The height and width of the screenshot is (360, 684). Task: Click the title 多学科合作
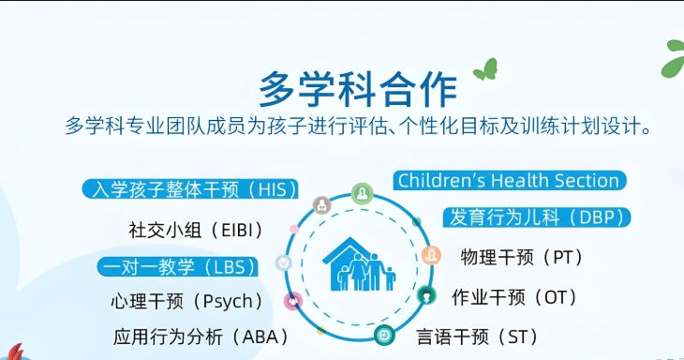tap(358, 88)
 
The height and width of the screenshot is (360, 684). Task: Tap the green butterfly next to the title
tap(485, 69)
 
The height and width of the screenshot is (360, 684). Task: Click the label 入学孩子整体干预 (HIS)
tap(190, 188)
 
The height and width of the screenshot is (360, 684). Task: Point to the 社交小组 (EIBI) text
tap(195, 229)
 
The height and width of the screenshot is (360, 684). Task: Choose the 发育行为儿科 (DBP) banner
tap(535, 217)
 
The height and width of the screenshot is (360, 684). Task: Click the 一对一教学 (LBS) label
tap(178, 267)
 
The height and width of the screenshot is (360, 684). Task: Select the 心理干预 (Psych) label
tap(186, 301)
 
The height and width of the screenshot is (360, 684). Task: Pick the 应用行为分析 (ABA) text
tap(201, 337)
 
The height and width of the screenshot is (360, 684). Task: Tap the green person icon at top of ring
tap(362, 194)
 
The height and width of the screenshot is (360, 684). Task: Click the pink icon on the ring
tap(292, 301)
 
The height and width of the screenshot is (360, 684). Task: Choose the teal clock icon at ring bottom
tap(384, 334)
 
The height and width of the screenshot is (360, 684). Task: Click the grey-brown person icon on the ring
tap(321, 204)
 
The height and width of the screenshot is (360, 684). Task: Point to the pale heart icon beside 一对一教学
tap(281, 263)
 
